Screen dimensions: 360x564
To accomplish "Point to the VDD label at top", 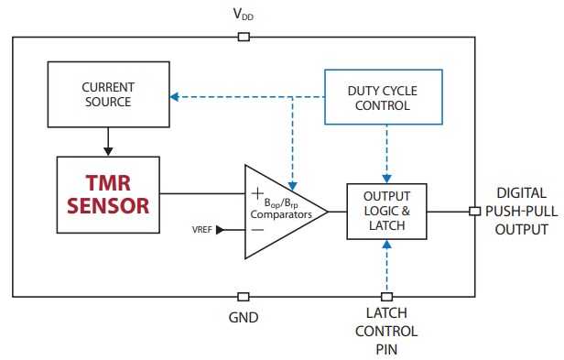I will pos(243,15).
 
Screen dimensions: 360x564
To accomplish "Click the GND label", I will pos(244,318).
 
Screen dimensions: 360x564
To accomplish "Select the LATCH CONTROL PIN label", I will pos(386,332).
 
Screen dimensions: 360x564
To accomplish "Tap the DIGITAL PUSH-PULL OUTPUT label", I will pos(522,212).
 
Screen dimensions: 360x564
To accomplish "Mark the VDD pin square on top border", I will pos(243,37).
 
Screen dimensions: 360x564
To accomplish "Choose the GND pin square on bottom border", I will pos(243,296).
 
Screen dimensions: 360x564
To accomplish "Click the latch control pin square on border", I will pos(386,296).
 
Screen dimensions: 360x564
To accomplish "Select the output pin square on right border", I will pos(473,212).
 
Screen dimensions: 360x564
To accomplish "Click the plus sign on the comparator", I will pos(255,192).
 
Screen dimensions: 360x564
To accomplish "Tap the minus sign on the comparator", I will pos(256,230).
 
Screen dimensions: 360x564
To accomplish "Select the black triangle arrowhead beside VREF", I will pos(220,230).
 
